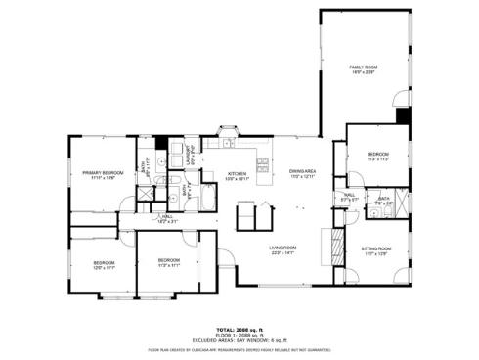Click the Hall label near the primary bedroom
point(167,218)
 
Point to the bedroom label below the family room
point(377,156)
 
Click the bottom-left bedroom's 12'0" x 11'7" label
point(105,264)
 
